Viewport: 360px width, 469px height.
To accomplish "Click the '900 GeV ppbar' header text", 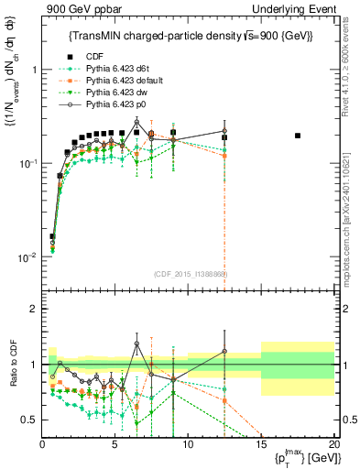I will [x=74, y=9].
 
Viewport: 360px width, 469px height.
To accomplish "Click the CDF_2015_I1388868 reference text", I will [x=190, y=273].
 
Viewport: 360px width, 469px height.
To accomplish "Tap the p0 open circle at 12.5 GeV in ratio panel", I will [x=224, y=352].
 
